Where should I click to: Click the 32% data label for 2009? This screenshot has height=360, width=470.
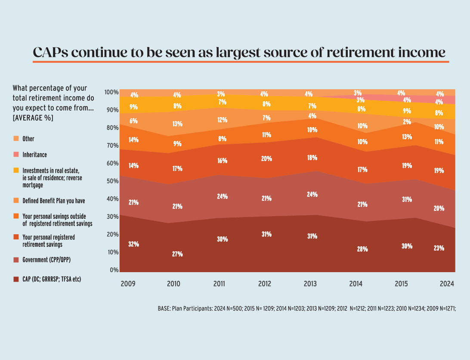(134, 244)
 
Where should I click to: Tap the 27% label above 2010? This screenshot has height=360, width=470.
(177, 254)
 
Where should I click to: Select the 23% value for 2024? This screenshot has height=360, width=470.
(439, 248)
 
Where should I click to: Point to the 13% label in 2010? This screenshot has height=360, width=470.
(177, 124)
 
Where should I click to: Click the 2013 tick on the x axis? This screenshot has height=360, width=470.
(310, 284)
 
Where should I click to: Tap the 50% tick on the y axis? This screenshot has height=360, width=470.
(111, 181)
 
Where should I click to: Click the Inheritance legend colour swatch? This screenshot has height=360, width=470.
(16, 155)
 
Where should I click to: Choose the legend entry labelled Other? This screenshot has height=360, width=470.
(28, 139)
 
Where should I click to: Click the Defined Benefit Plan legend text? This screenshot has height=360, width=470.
(54, 201)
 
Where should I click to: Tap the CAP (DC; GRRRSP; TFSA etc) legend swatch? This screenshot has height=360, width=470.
(16, 279)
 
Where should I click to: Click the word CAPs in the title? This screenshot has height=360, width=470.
(50, 53)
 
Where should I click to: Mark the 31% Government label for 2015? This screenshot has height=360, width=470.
(407, 199)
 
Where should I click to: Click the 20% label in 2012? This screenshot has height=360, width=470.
(266, 158)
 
